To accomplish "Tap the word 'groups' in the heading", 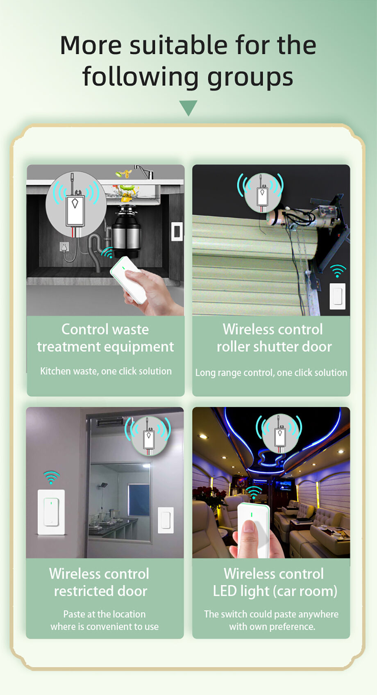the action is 250,77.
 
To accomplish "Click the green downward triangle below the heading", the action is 188,108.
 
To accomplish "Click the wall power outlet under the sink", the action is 64,247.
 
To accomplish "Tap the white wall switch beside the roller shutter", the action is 337,296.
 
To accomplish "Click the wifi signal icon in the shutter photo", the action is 337,271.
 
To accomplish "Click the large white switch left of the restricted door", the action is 51,512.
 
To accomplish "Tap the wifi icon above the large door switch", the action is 51,478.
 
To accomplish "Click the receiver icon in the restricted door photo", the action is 148,435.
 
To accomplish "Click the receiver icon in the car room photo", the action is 279,434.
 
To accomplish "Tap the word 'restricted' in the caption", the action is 83,591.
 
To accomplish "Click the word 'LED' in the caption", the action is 225,591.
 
